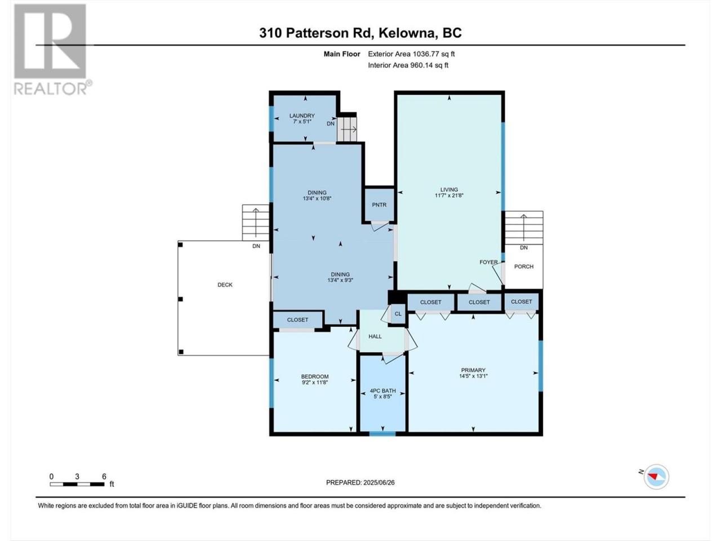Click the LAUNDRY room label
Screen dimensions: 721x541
(302, 116)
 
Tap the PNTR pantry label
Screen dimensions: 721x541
(379, 205)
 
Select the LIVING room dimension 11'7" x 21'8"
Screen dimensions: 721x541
(449, 196)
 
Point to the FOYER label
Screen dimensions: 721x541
(488, 262)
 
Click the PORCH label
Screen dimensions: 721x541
(524, 267)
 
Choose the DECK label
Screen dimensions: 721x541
(225, 285)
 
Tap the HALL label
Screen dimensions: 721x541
(375, 336)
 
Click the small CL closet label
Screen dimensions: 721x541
(398, 314)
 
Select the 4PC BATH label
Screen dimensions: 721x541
(382, 391)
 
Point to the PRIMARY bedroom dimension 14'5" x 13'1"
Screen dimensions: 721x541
(473, 376)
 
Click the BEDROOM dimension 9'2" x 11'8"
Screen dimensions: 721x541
(315, 382)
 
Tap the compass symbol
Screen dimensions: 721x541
(656, 477)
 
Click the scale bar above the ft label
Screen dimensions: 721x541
(77, 484)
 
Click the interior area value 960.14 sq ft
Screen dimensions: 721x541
(429, 65)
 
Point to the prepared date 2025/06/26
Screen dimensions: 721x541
(379, 482)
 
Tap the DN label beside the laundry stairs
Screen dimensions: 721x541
(331, 123)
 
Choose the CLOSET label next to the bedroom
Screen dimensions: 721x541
(297, 320)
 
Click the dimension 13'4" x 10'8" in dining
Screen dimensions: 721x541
(317, 198)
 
